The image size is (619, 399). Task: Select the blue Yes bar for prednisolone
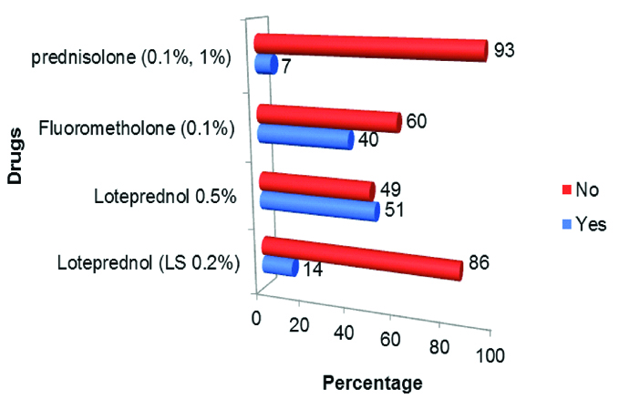[265, 66]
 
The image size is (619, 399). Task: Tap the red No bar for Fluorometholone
[328, 118]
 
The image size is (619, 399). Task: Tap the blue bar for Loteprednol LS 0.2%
[278, 266]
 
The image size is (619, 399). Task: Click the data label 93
[504, 49]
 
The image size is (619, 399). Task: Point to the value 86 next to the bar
[480, 263]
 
